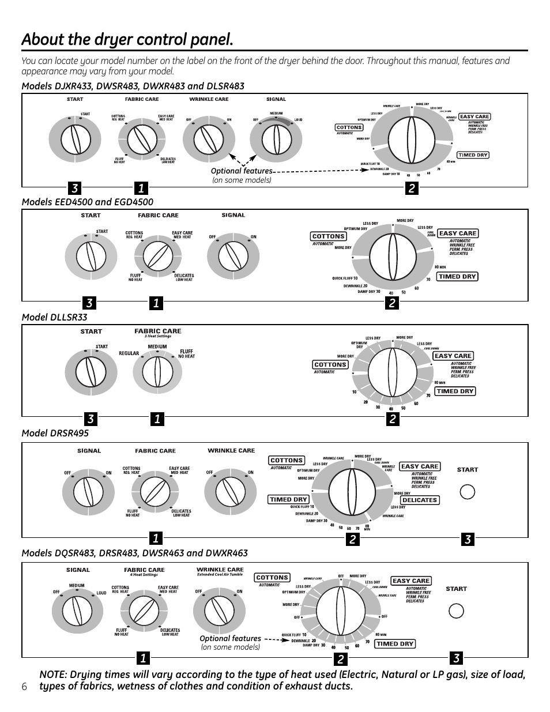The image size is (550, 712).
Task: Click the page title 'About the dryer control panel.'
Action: coord(127,40)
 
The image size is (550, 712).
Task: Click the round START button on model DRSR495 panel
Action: coord(467,492)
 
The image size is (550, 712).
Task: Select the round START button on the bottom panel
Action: coord(456,611)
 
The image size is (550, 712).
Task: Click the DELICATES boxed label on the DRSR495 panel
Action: coord(419,500)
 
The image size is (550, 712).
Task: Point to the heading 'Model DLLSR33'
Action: coord(54,317)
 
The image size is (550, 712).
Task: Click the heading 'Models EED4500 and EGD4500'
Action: coord(87,201)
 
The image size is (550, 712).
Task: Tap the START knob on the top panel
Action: coord(75,140)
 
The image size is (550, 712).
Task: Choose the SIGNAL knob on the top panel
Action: coord(276,140)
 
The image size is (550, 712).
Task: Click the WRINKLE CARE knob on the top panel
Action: coord(209,140)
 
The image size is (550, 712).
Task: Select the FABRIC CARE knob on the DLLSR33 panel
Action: coord(157,371)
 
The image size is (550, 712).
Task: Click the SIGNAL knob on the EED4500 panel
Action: coord(233,255)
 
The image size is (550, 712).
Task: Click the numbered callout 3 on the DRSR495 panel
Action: coord(468,539)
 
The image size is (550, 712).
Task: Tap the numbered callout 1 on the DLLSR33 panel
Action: coord(156,420)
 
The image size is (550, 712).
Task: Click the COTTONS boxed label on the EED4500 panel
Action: coord(328,236)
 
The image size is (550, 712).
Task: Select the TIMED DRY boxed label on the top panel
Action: coord(473,155)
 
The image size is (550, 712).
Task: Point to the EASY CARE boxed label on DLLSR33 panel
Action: coord(453,356)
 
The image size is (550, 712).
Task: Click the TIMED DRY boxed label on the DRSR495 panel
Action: coord(288,499)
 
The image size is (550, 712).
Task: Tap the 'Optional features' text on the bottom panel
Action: coord(230,638)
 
